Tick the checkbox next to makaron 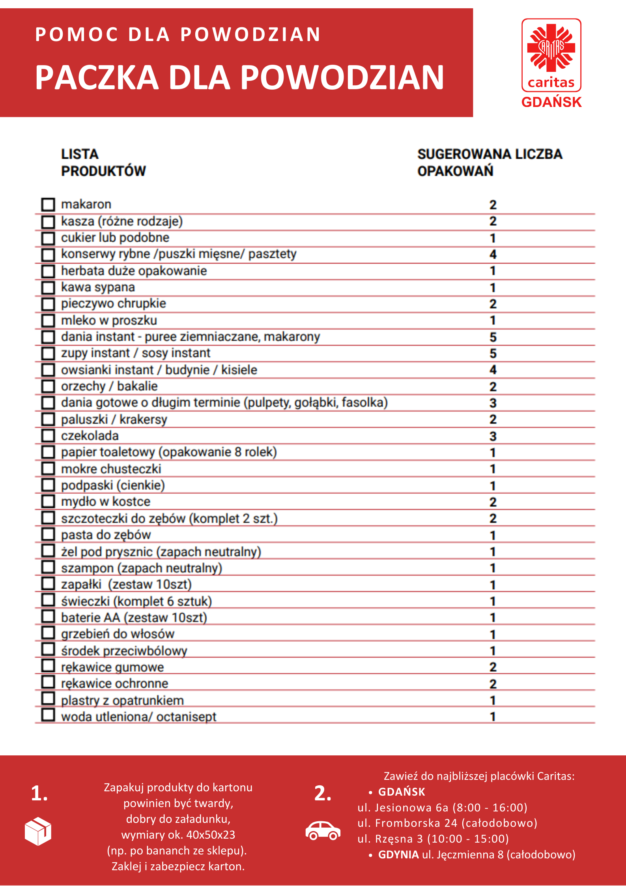point(48,204)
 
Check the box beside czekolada point(48,435)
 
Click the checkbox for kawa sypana point(48,287)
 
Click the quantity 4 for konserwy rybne point(493,255)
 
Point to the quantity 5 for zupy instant point(493,354)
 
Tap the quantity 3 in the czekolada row point(493,436)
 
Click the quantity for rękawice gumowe point(493,667)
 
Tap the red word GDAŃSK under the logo point(551,102)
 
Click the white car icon point(323,830)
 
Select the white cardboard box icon point(38,831)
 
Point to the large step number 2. point(323,793)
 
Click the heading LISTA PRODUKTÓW point(103,163)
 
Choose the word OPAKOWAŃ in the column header point(455,171)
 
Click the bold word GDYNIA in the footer point(398,855)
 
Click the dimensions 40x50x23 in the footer point(211,835)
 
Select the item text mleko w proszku point(109,320)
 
